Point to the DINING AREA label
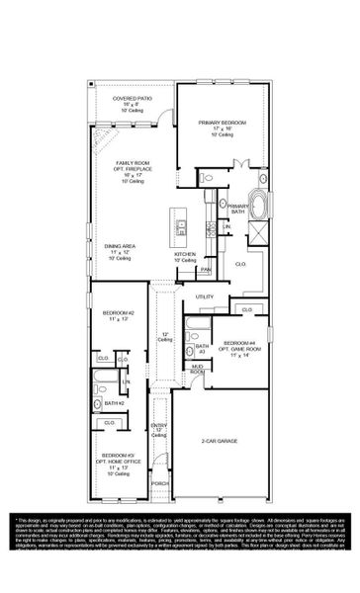121,250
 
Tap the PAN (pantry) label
206,270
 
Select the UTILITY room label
205,296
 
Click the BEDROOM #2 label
117,316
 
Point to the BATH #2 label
115,403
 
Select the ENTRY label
158,429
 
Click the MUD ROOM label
198,369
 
